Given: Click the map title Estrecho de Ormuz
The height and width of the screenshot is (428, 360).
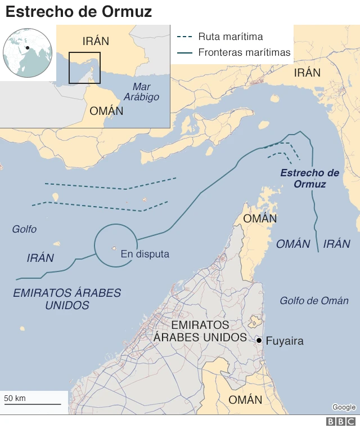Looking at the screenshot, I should pos(79,11).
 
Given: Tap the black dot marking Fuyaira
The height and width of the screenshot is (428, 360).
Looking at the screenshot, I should pos(259,341).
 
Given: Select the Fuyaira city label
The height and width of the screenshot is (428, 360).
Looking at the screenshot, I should pos(284,341).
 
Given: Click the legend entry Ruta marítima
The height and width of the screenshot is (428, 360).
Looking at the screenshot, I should pos(230,37).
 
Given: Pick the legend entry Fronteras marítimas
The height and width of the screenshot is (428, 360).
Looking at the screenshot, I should pos(244,53).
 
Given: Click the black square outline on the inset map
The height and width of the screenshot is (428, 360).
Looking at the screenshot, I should pos(84,68).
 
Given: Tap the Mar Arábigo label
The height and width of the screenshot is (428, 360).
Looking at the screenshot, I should pos(146,92).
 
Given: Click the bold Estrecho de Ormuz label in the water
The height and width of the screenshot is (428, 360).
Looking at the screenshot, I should pos(310,178).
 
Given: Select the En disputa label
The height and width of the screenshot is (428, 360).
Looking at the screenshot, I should pos(145,255).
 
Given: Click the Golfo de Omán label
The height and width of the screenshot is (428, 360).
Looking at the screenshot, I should pos(314,301).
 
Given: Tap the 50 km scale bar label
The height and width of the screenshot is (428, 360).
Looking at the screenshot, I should pos(15,398).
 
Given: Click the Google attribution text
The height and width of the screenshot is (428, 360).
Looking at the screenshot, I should pos(344,407).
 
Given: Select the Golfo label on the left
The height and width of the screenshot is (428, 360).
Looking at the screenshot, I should pos(24,229).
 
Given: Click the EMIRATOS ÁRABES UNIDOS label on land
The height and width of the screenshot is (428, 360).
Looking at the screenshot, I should pos(200,331).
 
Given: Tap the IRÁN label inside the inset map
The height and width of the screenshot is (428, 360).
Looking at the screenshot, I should pos(96,41).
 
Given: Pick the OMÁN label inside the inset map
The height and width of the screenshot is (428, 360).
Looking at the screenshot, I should pos(106,111).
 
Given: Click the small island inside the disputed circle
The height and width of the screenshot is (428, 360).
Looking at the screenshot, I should pos(114,248).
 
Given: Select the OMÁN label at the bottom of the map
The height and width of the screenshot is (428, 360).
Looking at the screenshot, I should pos(245,400).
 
